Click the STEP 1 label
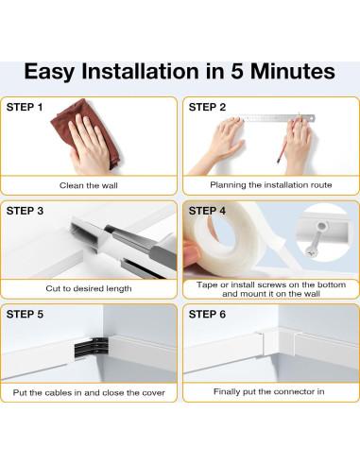[x=25, y=107]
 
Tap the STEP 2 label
[x=207, y=107]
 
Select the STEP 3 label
[x=25, y=211]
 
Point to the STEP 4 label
[x=207, y=211]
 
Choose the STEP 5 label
[x=25, y=314]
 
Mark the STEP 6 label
[x=207, y=314]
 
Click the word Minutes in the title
[x=293, y=71]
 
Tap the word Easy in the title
[x=49, y=73]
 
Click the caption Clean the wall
[x=89, y=185]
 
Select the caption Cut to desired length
[x=89, y=288]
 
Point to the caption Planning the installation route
[x=271, y=185]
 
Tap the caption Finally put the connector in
[x=269, y=391]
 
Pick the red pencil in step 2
[x=287, y=139]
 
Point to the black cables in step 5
[x=92, y=348]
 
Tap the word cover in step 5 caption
[x=154, y=393]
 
